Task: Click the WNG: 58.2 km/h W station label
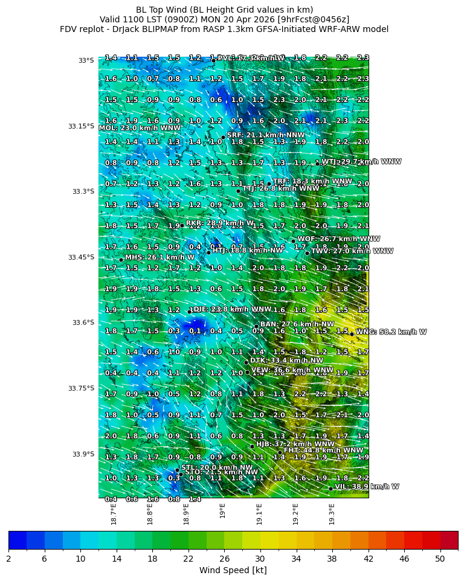pyautogui.click(x=391, y=332)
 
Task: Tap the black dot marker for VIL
pyautogui.click(x=330, y=489)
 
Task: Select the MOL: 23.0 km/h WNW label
pyautogui.click(x=140, y=128)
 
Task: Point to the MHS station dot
pyautogui.click(x=121, y=260)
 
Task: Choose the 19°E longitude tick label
pyautogui.click(x=222, y=511)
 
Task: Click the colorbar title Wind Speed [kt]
pyautogui.click(x=233, y=570)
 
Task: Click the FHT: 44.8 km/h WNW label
pyautogui.click(x=324, y=450)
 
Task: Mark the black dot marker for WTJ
pyautogui.click(x=317, y=164)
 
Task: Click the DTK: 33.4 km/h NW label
pyautogui.click(x=275, y=360)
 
